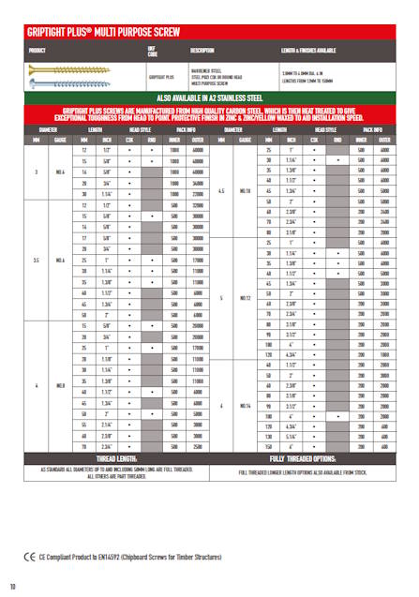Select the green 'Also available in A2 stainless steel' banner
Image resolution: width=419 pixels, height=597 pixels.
point(209,97)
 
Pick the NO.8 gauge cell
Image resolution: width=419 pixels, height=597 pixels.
point(61,384)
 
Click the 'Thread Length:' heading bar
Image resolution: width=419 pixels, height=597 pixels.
point(105,459)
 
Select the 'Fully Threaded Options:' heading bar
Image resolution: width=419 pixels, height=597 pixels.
point(314,459)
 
